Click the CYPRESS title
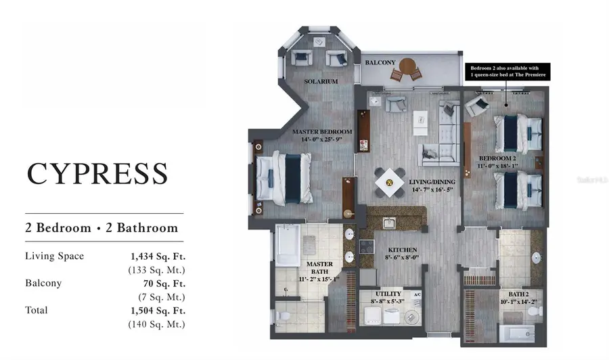coord(97,173)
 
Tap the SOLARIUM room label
coord(321,81)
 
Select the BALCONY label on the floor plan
coord(380,62)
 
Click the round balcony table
coord(407,66)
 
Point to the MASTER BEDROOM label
coord(321,131)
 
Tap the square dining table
coord(390,181)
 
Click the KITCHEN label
coord(402,250)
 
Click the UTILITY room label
coord(388,294)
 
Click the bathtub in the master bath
coord(287,248)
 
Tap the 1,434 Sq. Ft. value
coord(158,256)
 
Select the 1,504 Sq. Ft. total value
coord(158,311)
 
